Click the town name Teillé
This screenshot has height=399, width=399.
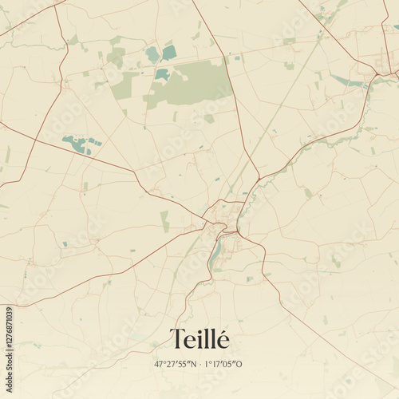199,339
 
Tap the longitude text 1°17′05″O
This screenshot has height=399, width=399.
226,364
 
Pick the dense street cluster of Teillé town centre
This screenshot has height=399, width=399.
224,219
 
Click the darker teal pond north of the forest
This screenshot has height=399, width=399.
169,53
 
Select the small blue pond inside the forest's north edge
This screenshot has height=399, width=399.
162,74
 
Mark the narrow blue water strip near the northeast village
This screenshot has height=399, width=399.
347,81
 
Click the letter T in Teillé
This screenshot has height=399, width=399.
176,339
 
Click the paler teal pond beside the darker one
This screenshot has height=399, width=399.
152,54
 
